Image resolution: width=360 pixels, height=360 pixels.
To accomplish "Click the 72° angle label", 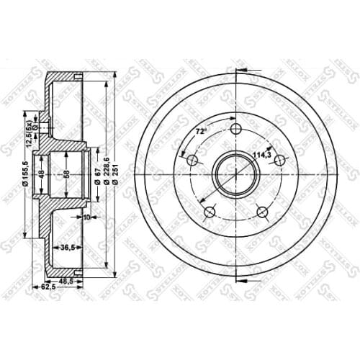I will point(201,131).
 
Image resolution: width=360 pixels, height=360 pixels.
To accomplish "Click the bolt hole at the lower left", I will point(209,212).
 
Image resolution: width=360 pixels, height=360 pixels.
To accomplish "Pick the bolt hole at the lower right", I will point(263,212).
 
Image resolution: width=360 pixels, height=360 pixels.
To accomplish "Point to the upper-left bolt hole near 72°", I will point(192,160).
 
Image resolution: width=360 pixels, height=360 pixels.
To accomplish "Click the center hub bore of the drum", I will point(236,175).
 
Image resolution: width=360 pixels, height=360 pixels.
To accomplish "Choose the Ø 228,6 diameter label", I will point(107,175).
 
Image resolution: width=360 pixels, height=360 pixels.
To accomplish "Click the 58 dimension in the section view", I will point(67,174).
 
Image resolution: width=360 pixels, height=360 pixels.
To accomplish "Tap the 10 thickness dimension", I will point(86,217).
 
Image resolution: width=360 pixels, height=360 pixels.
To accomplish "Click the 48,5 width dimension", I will point(66,280).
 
